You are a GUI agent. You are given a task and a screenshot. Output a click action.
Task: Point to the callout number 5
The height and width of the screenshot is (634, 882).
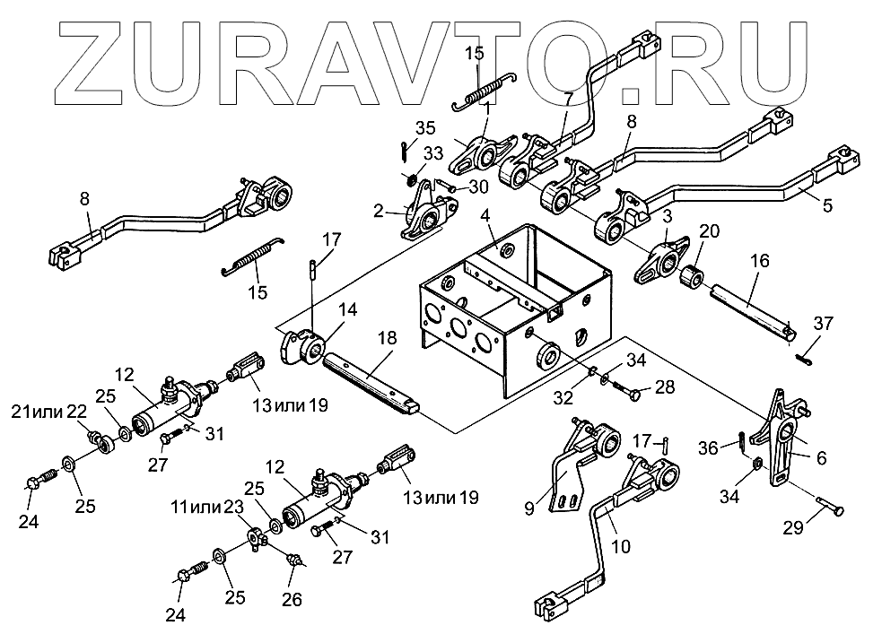(826, 205)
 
